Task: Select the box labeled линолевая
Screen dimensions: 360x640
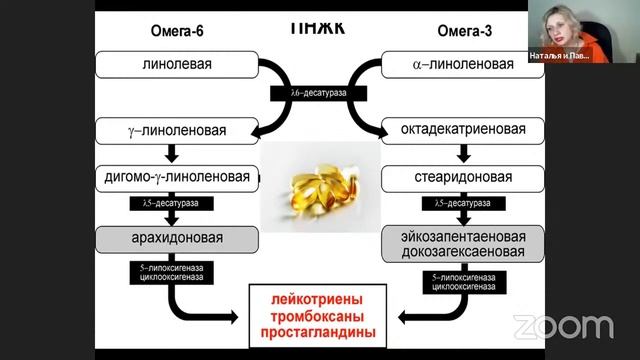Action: [x=177, y=66]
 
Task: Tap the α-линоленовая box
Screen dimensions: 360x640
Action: [x=462, y=66]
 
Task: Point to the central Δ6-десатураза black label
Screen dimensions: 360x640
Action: [x=319, y=93]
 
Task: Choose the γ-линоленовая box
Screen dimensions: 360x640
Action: [x=177, y=130]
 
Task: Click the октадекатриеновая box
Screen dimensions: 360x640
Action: [x=462, y=130]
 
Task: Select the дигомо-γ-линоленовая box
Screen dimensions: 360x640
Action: [x=177, y=177]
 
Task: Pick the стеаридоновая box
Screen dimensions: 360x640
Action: [x=462, y=177]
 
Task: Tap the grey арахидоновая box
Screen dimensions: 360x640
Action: [x=177, y=239]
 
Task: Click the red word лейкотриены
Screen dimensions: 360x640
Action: [x=317, y=298]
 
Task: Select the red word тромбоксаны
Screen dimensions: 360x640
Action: [x=317, y=315]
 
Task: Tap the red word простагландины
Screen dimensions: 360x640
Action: [x=317, y=332]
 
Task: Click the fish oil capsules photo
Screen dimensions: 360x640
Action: [x=319, y=185]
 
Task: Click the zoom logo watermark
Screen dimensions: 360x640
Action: [x=563, y=326]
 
